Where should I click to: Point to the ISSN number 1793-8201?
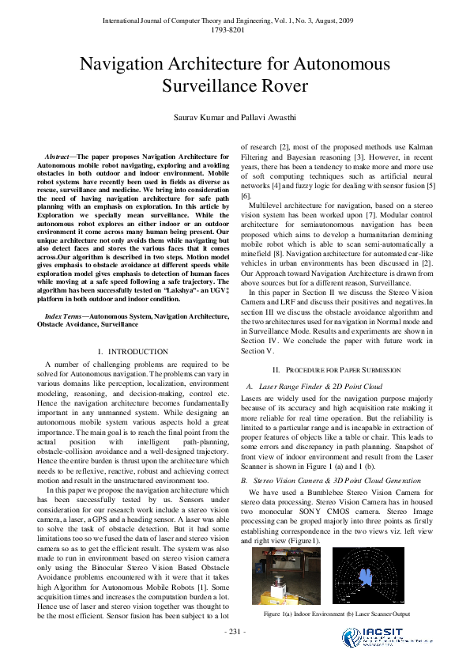pos(235,29)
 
